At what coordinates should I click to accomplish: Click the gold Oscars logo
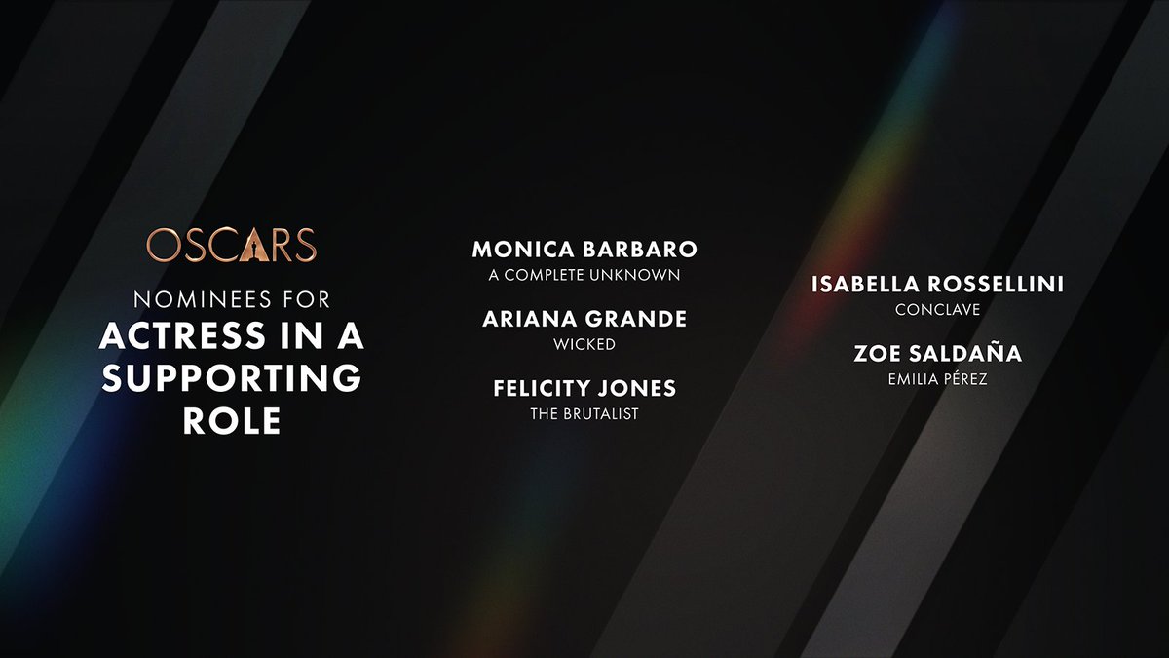(232, 245)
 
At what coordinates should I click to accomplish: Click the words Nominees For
(232, 300)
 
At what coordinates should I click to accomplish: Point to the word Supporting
(232, 377)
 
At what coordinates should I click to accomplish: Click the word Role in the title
(232, 420)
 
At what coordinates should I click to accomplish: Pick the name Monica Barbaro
(584, 250)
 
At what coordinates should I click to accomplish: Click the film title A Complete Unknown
(584, 275)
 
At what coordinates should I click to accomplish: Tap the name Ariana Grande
(584, 319)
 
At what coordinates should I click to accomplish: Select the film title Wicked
(584, 345)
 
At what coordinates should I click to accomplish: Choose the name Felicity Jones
(584, 388)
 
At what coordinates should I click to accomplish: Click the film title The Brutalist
(584, 414)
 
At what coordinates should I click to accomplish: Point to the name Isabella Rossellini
(937, 284)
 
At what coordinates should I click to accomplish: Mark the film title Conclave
(937, 310)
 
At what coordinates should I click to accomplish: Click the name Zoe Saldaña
(937, 353)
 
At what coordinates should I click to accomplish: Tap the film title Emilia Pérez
(937, 378)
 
